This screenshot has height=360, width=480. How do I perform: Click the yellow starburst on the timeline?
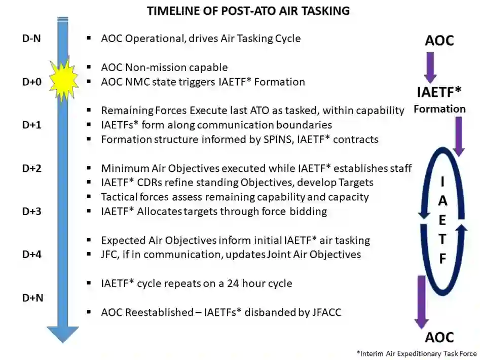pyautogui.click(x=64, y=79)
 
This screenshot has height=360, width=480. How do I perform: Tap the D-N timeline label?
pyautogui.click(x=31, y=39)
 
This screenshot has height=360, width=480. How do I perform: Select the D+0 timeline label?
pyautogui.click(x=32, y=82)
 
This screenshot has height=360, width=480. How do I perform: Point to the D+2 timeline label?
pyautogui.click(x=32, y=168)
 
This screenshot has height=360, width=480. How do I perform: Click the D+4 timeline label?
pyautogui.click(x=32, y=255)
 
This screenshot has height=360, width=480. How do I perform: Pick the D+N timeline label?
pyautogui.click(x=33, y=298)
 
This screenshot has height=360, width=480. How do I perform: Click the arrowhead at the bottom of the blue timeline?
pyautogui.click(x=63, y=334)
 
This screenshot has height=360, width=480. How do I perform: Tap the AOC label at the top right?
pyautogui.click(x=439, y=41)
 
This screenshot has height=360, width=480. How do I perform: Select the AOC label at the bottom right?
pyautogui.click(x=439, y=337)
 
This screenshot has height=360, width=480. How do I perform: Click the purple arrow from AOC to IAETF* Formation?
pyautogui.click(x=430, y=67)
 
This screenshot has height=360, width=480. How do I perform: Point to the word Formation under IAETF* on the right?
pyautogui.click(x=439, y=109)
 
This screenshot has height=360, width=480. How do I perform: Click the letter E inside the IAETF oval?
pyautogui.click(x=442, y=220)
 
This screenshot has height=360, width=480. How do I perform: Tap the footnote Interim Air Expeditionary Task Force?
pyautogui.click(x=417, y=353)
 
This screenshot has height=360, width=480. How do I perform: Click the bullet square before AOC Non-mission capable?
pyautogui.click(x=89, y=67)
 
